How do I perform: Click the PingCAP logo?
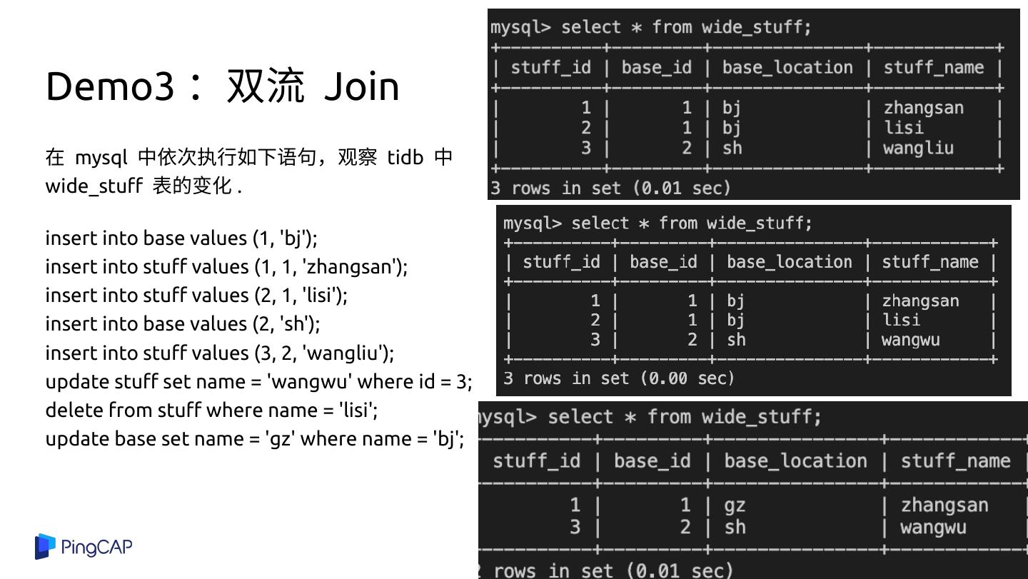click(x=84, y=547)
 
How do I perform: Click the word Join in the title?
click(x=361, y=86)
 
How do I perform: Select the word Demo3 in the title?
click(x=109, y=86)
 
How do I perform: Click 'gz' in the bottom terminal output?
click(x=735, y=505)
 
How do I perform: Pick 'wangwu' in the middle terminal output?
click(x=910, y=340)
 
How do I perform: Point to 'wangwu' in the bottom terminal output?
click(x=933, y=528)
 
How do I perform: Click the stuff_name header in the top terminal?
click(x=933, y=68)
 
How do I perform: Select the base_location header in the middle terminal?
click(x=789, y=262)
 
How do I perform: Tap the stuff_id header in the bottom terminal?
click(x=536, y=460)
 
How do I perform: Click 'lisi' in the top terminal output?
click(x=903, y=128)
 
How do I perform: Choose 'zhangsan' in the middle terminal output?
click(x=920, y=301)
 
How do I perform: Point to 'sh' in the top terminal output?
click(x=732, y=148)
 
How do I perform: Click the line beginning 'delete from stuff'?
click(x=211, y=410)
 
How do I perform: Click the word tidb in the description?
click(x=405, y=157)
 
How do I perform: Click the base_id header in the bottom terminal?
click(x=652, y=460)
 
